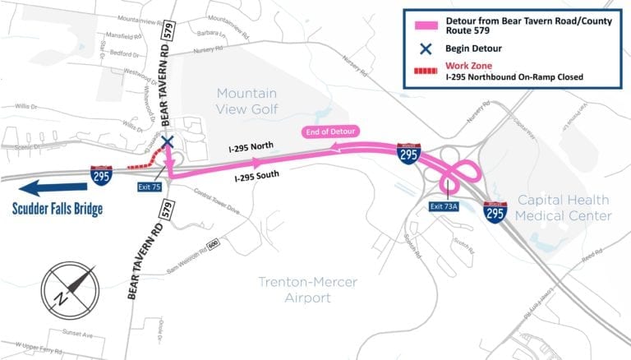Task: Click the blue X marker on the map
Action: (x=168, y=142)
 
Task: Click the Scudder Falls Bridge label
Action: (x=57, y=208)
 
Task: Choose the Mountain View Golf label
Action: (x=246, y=101)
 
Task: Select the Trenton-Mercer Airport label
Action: (x=308, y=288)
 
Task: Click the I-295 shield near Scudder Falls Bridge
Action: (x=102, y=174)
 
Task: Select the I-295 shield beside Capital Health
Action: (x=495, y=212)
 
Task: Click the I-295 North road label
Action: (x=253, y=148)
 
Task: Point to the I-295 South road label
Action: (x=260, y=175)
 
